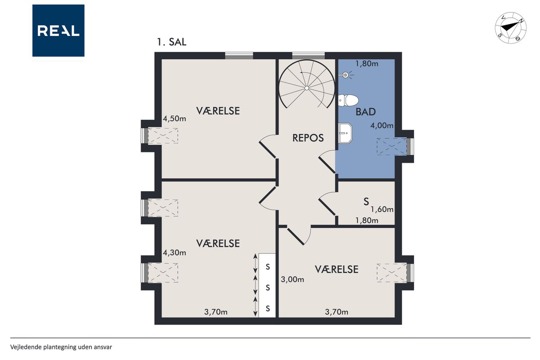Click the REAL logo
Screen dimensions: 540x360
pyautogui.click(x=58, y=31)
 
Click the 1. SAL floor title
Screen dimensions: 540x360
pyautogui.click(x=172, y=42)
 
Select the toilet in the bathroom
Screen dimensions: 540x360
pyautogui.click(x=348, y=100)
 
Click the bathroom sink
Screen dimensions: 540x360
pyautogui.click(x=345, y=133)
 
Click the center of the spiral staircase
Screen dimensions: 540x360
pyautogui.click(x=307, y=88)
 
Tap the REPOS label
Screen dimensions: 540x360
pyautogui.click(x=308, y=138)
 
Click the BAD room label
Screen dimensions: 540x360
pyautogui.click(x=366, y=112)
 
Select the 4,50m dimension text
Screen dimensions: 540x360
pyautogui.click(x=175, y=119)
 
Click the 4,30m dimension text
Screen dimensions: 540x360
pyautogui.click(x=175, y=253)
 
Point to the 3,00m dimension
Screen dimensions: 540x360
pyautogui.click(x=292, y=279)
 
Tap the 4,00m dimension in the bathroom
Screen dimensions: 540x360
pyautogui.click(x=382, y=125)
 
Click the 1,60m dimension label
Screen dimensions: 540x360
pyautogui.click(x=382, y=209)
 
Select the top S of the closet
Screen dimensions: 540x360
pyautogui.click(x=267, y=267)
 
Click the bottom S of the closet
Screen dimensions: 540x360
pyautogui.click(x=267, y=309)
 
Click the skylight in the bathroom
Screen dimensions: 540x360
pyautogui.click(x=392, y=146)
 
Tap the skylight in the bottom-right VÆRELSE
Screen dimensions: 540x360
pyautogui.click(x=392, y=273)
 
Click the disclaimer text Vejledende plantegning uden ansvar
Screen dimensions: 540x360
pyautogui.click(x=61, y=347)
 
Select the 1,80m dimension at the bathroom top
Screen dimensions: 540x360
pyautogui.click(x=367, y=64)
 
